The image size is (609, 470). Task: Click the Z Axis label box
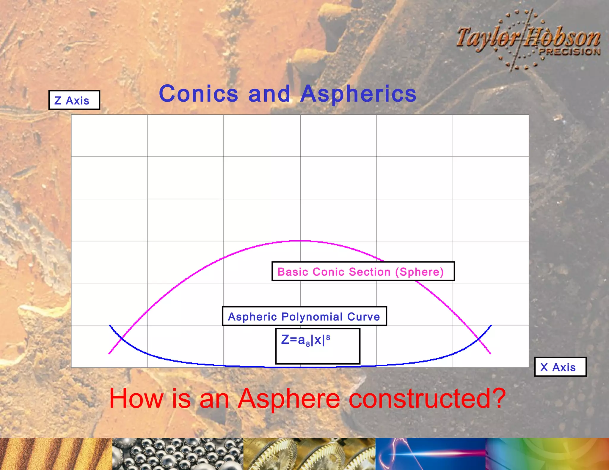74,100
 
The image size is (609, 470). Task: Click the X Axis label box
560,367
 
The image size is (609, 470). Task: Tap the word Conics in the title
198,94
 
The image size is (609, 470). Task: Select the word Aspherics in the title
358,94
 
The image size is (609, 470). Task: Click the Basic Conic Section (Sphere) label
363,271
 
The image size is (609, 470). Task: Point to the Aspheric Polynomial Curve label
304,316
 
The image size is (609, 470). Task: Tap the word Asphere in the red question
288,399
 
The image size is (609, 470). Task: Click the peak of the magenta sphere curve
300,241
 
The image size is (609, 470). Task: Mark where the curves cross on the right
479,338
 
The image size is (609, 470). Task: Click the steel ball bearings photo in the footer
178,454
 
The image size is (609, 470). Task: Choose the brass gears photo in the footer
309,454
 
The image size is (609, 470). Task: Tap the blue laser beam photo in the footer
430,454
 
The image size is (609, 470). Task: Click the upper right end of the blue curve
491,326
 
